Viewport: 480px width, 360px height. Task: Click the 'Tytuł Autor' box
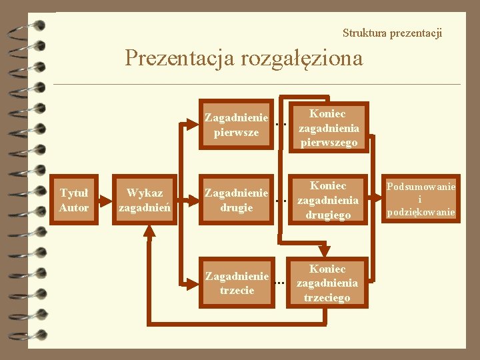coord(74,200)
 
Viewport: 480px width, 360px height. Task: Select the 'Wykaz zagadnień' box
coord(145,200)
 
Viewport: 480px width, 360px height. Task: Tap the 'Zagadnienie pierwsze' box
coord(236,125)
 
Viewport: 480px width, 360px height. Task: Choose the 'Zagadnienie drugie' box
coord(236,200)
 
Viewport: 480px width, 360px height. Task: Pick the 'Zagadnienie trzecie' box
coord(236,283)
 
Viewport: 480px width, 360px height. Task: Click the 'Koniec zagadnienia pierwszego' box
coord(329,128)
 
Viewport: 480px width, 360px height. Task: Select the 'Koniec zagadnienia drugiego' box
coord(327,200)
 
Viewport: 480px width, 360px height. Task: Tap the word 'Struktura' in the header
coord(363,33)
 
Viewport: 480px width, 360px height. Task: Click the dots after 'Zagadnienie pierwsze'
coord(281,124)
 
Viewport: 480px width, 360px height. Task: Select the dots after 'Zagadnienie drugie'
coord(281,200)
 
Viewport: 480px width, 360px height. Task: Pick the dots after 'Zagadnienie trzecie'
coord(280,283)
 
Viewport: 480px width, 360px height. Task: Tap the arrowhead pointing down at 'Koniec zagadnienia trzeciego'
coord(325,252)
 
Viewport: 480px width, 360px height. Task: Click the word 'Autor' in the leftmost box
coord(74,207)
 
